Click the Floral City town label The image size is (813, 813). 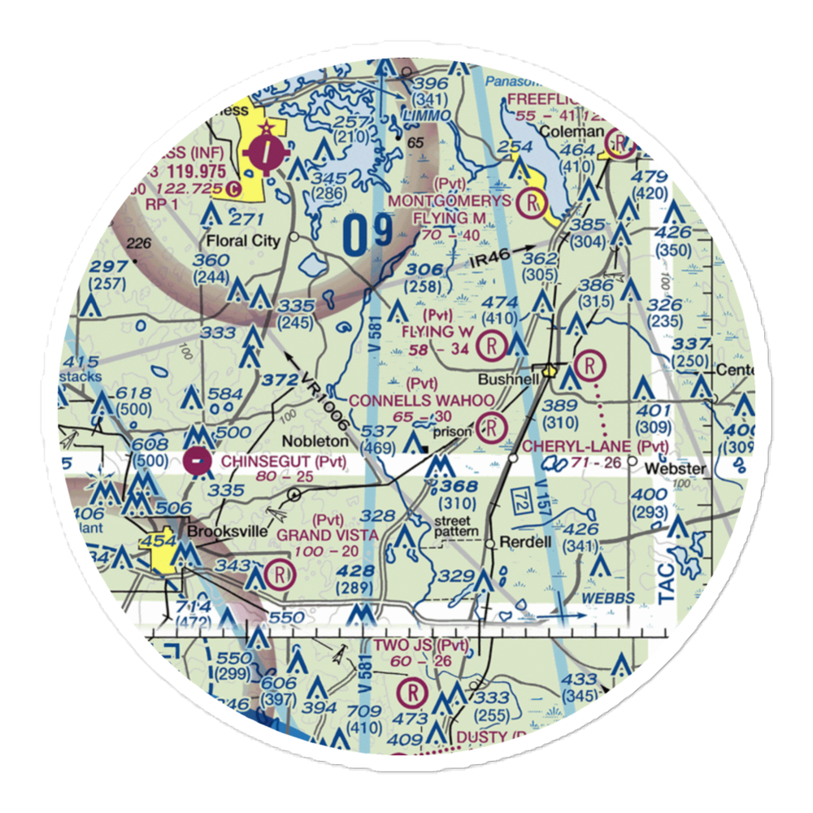tap(243, 241)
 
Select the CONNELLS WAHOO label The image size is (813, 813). tap(421, 401)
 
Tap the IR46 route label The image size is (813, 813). tap(492, 261)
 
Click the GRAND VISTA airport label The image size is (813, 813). tap(328, 535)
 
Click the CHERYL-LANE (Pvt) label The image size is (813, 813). tap(595, 446)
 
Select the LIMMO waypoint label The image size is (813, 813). tap(426, 116)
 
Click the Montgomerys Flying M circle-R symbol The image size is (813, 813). tap(533, 201)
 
